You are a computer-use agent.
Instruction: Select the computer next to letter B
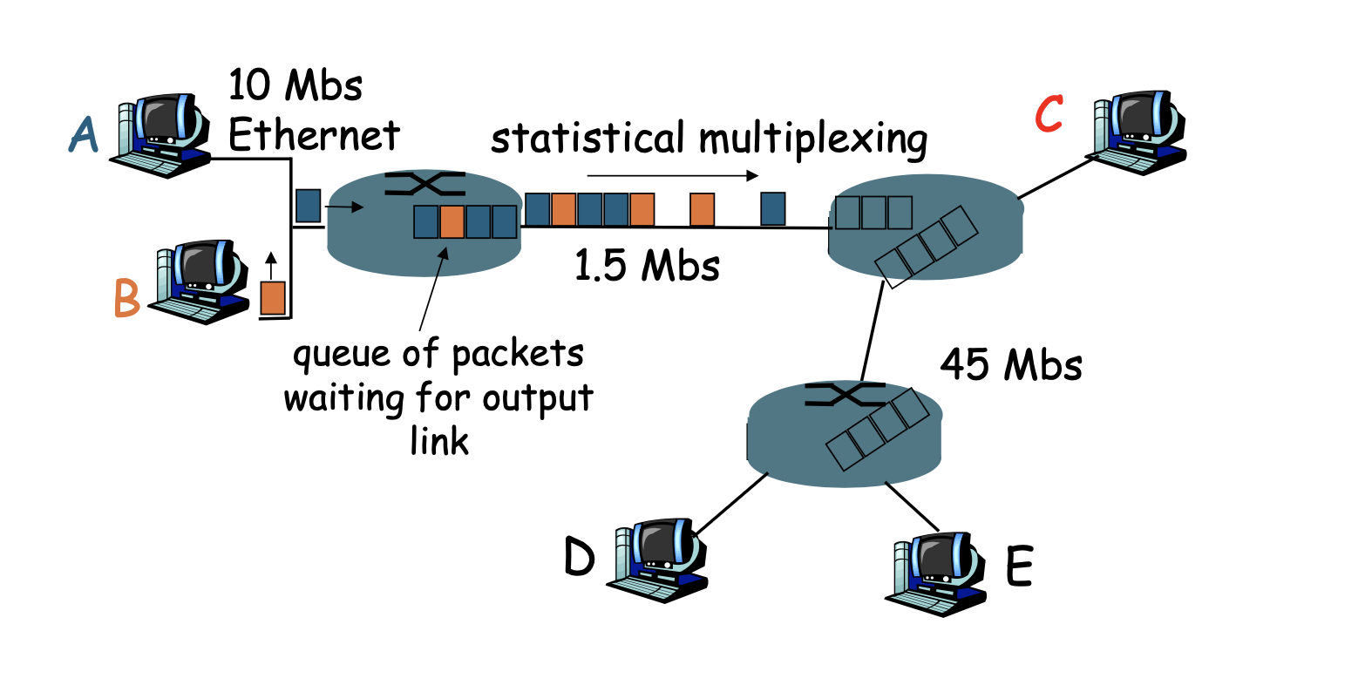click(199, 281)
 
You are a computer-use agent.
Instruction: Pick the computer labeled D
click(655, 559)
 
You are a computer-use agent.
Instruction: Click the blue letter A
click(84, 135)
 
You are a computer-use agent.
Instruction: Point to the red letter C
click(1049, 113)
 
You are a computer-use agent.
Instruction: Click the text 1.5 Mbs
click(647, 264)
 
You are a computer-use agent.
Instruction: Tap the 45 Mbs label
click(1010, 363)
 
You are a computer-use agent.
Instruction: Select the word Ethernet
click(314, 135)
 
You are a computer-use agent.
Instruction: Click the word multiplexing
click(812, 139)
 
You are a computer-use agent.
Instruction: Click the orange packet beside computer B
click(273, 297)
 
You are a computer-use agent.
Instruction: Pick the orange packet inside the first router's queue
click(452, 222)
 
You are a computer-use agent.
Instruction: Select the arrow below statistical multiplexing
click(672, 175)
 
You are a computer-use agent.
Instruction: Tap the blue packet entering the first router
click(308, 206)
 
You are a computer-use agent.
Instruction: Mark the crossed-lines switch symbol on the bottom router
click(845, 395)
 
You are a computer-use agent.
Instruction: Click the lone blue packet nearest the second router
click(772, 209)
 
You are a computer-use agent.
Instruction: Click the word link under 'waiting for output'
click(439, 440)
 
